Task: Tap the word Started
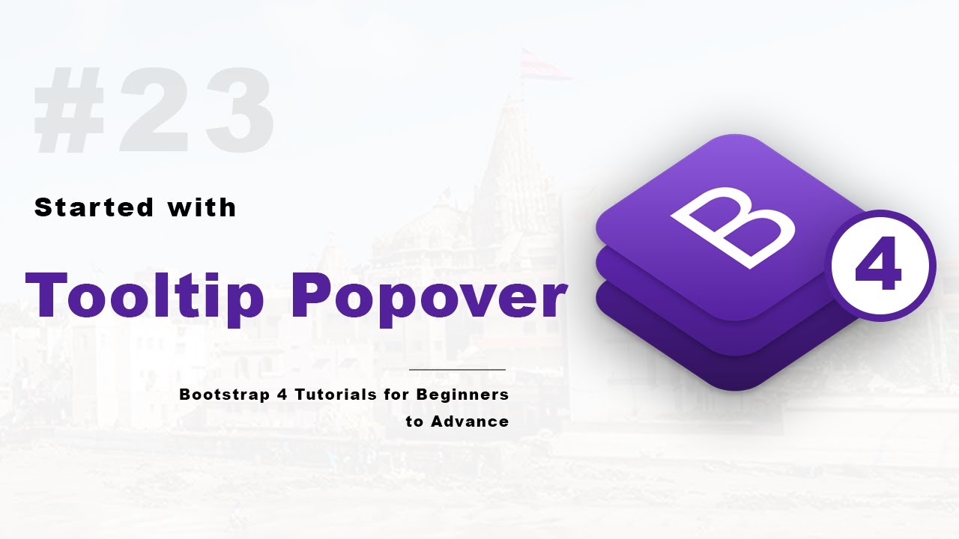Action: [x=94, y=207]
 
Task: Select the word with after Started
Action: [x=202, y=207]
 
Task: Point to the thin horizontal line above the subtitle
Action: [x=457, y=370]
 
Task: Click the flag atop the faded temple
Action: [x=543, y=64]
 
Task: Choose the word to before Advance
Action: [x=414, y=422]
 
